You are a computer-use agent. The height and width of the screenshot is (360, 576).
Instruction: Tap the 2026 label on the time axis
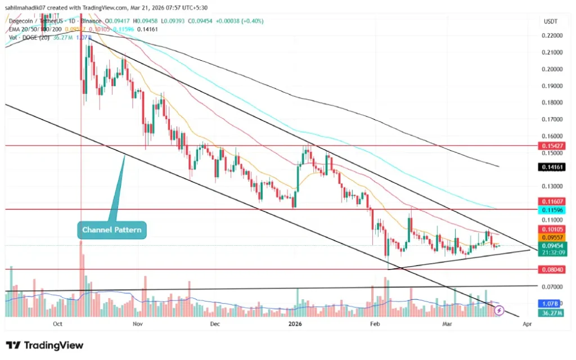click(x=296, y=324)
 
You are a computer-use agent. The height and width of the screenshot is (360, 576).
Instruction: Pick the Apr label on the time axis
click(x=527, y=324)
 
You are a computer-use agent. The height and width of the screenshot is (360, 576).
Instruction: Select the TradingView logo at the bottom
click(x=44, y=345)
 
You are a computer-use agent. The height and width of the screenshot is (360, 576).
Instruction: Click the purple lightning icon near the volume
click(x=498, y=310)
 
